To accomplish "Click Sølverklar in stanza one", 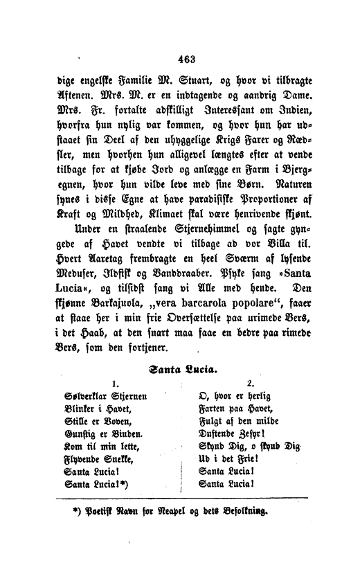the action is pyautogui.click(x=75, y=399).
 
